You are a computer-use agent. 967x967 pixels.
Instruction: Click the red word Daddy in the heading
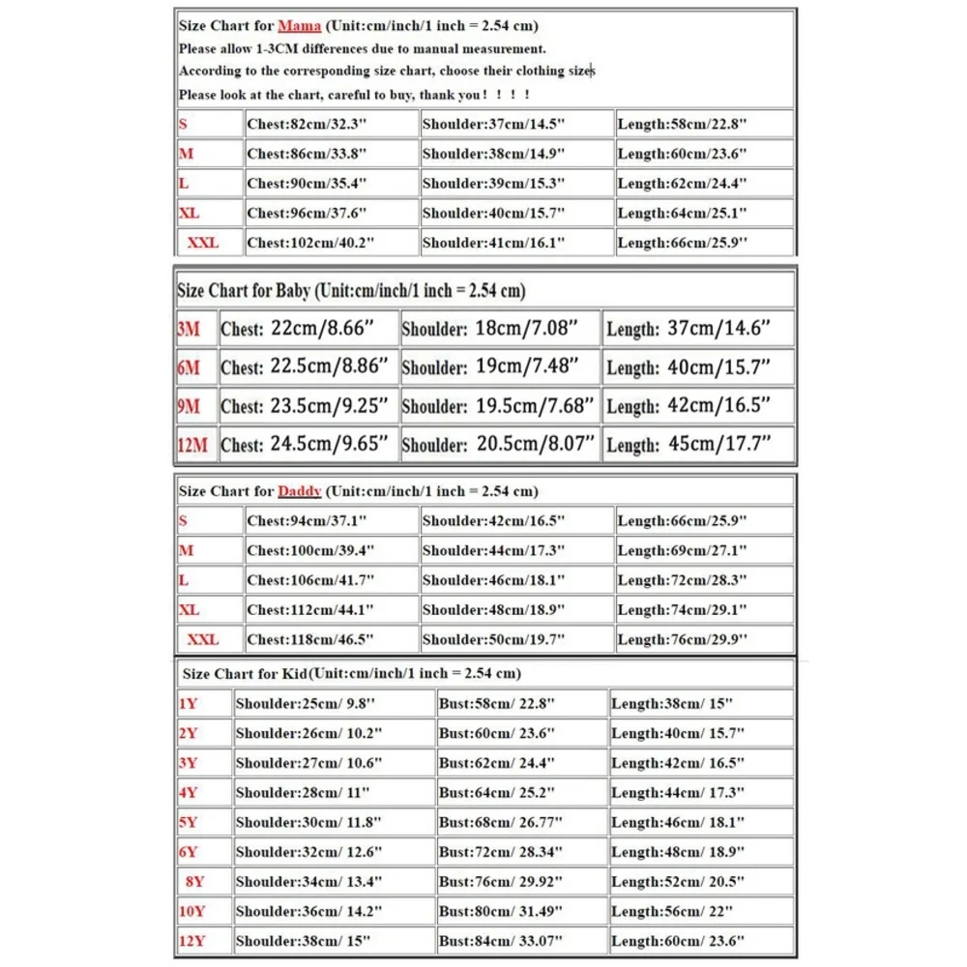click(x=299, y=491)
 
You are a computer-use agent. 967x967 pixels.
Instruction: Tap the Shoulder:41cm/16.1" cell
click(x=493, y=243)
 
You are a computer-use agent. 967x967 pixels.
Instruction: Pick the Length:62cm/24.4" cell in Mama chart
click(x=682, y=184)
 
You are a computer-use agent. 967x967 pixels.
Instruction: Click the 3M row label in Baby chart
click(x=189, y=330)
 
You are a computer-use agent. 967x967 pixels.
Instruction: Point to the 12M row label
click(x=192, y=446)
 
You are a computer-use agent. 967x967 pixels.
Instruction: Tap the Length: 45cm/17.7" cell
click(x=689, y=445)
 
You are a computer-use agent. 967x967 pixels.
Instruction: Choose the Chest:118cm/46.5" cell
click(x=310, y=639)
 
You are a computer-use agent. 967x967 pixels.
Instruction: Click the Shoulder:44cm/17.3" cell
click(x=493, y=550)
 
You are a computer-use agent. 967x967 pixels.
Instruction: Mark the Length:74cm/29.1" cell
click(x=682, y=610)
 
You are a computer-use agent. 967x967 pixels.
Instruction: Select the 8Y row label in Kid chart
click(x=195, y=882)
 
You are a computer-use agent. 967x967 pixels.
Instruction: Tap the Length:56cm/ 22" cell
click(x=672, y=911)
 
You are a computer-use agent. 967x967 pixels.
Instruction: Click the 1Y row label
click(x=189, y=704)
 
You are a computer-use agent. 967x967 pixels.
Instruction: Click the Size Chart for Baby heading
click(x=351, y=291)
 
